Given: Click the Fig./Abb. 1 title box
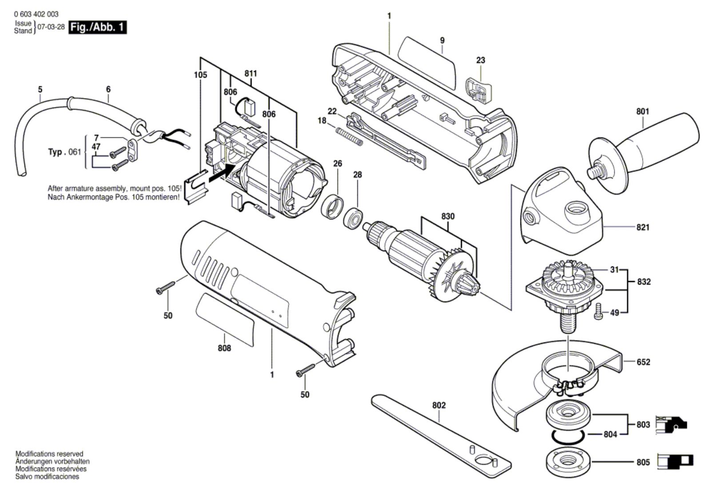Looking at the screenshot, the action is (x=98, y=27).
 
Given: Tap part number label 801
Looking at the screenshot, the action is (x=643, y=111).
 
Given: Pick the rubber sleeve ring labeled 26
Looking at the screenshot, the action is (x=332, y=207).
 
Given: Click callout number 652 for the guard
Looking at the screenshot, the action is (x=643, y=362).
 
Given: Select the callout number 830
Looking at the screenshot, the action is (x=447, y=216).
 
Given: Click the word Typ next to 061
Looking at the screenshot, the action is (x=55, y=152).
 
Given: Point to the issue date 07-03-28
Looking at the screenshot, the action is (x=51, y=27).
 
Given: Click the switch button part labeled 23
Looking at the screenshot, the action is (x=479, y=90).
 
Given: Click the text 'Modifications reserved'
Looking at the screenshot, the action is (x=49, y=453).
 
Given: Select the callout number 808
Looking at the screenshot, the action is (x=224, y=348).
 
